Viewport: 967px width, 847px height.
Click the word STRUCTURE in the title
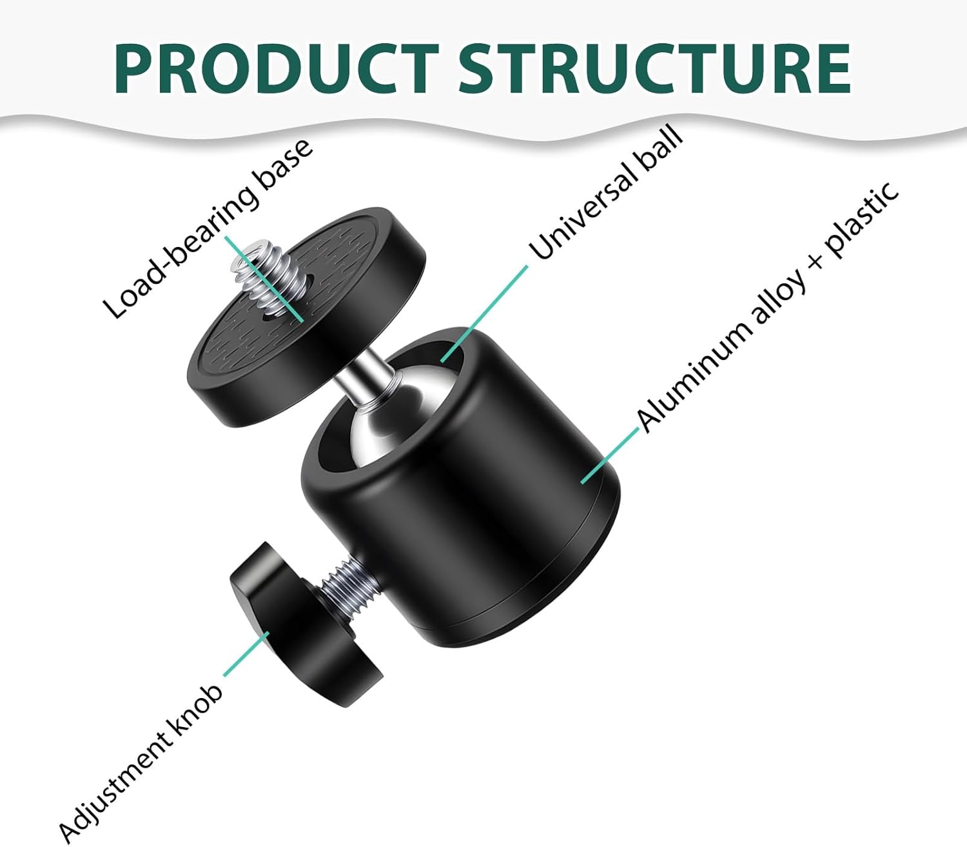tap(654, 67)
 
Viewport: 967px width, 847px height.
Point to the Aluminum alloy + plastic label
tap(768, 308)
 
